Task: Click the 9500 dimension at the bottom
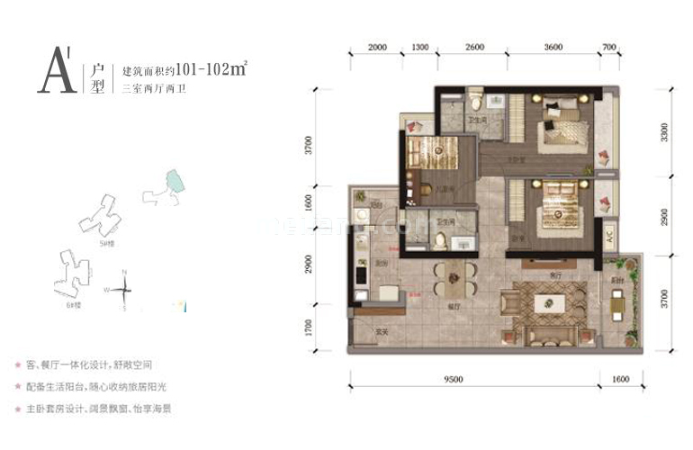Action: tap(453, 379)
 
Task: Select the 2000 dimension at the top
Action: tap(377, 48)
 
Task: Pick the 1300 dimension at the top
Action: tap(419, 48)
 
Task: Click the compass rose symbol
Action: tap(125, 289)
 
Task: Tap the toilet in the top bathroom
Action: tap(475, 96)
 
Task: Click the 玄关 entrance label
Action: tap(382, 333)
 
